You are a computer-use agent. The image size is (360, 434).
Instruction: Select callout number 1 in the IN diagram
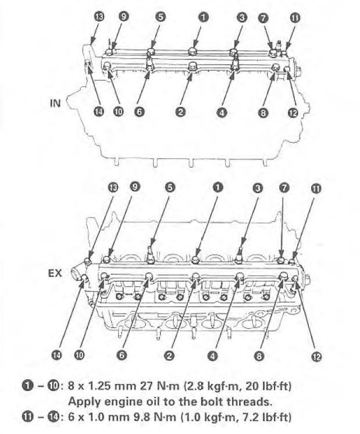tap(203, 17)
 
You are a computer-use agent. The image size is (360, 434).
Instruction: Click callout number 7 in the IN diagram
tap(263, 18)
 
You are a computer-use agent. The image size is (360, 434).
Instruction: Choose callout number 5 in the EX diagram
tap(170, 188)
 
